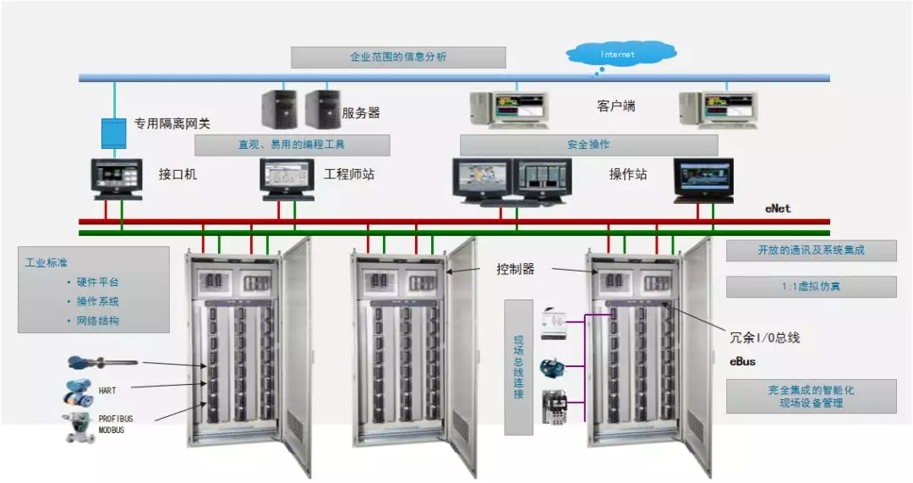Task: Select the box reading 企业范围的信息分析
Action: pyautogui.click(x=398, y=58)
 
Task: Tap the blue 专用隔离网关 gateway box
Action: pyautogui.click(x=112, y=133)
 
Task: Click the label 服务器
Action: pyautogui.click(x=361, y=113)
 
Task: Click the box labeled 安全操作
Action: pyautogui.click(x=588, y=145)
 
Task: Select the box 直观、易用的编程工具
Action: pyautogui.click(x=292, y=145)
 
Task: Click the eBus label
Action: pyautogui.click(x=743, y=361)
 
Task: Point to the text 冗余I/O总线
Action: pyautogui.click(x=764, y=338)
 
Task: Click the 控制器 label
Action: pyautogui.click(x=516, y=270)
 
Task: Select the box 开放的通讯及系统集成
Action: pyautogui.click(x=811, y=250)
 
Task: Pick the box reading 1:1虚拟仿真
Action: pyautogui.click(x=811, y=287)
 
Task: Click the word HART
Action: pyautogui.click(x=107, y=391)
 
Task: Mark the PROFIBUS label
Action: pyautogui.click(x=116, y=419)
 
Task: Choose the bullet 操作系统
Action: pyautogui.click(x=98, y=301)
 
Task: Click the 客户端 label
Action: pyautogui.click(x=615, y=107)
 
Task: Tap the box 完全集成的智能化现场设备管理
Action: pyautogui.click(x=811, y=396)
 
